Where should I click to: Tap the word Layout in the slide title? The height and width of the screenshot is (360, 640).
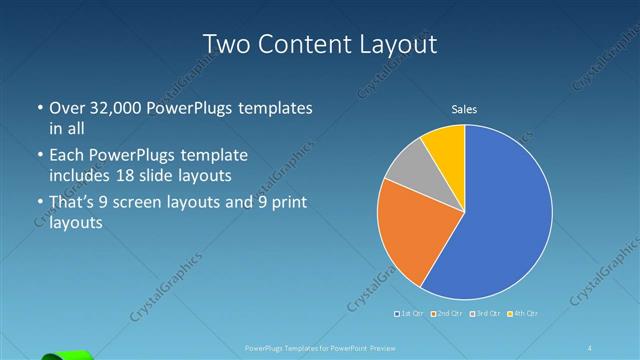click(399, 44)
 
